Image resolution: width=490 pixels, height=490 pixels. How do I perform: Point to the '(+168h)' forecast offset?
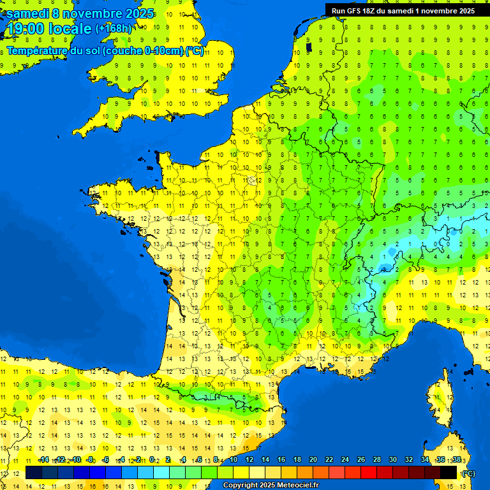pyautogui.click(x=114, y=28)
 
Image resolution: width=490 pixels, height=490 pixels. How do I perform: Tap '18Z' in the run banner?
pyautogui.click(x=371, y=11)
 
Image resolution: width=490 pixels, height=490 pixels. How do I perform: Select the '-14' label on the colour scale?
pyautogui.click(x=44, y=460)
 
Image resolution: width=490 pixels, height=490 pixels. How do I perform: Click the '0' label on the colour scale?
pyautogui.click(x=152, y=460)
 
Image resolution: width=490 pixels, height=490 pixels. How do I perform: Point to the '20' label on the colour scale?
pyautogui.click(x=313, y=460)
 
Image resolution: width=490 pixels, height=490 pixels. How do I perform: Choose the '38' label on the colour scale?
pyautogui.click(x=457, y=460)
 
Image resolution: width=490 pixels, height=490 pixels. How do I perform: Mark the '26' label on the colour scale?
pyautogui.click(x=361, y=460)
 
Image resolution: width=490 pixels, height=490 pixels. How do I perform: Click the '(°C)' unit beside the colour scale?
pyautogui.click(x=468, y=473)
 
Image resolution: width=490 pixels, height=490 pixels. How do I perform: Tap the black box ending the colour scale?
pyautogui.click(x=449, y=472)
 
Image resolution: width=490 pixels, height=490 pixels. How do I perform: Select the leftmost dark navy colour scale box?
pyautogui.click(x=34, y=472)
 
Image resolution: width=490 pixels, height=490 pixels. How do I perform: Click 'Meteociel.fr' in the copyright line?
pyautogui.click(x=297, y=486)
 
